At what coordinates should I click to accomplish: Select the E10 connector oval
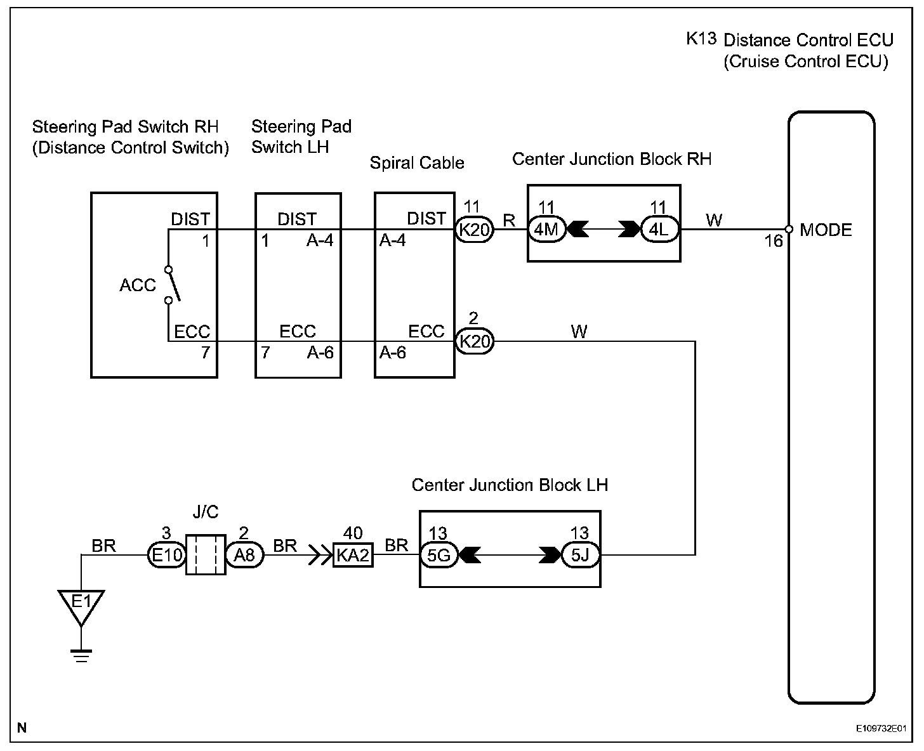tap(166, 556)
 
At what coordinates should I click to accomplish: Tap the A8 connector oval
tap(244, 556)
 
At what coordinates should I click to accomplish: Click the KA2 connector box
tap(353, 556)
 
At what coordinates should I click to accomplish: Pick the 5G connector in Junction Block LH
tap(439, 556)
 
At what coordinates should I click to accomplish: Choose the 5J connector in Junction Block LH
tap(580, 556)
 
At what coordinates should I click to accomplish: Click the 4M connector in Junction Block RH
tap(546, 229)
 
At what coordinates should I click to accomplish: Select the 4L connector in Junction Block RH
tap(659, 229)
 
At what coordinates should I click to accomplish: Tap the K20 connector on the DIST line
tap(475, 229)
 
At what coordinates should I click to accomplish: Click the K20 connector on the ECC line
tap(475, 342)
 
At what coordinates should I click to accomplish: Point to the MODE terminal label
tap(826, 230)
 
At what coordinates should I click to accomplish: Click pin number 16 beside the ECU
tap(774, 242)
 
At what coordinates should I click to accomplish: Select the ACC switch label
tap(137, 285)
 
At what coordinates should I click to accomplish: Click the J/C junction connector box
tap(206, 554)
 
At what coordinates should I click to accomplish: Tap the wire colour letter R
tap(509, 221)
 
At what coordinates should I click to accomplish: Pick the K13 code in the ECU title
tap(701, 39)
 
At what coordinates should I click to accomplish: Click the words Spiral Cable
tap(417, 163)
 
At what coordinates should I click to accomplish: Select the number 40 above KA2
tap(353, 533)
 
